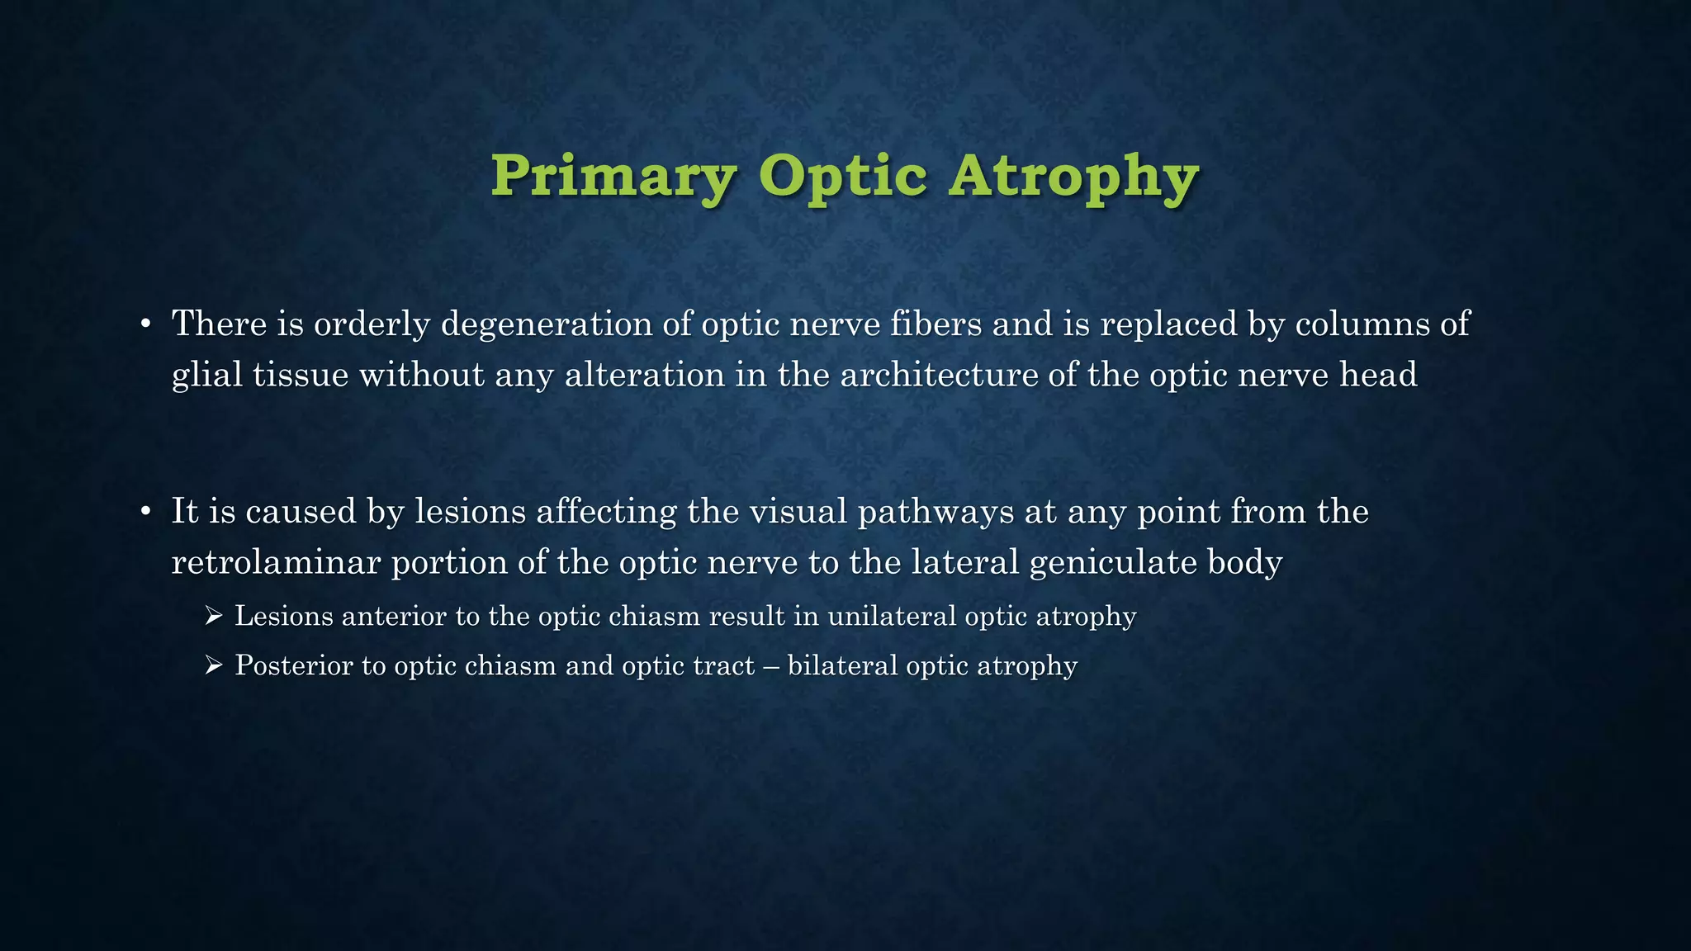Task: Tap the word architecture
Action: pyautogui.click(x=939, y=375)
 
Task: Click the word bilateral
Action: pyautogui.click(x=842, y=666)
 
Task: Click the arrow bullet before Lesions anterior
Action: pyautogui.click(x=214, y=615)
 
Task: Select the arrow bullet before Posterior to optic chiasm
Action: pyautogui.click(x=214, y=665)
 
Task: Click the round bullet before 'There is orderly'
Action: pyautogui.click(x=145, y=324)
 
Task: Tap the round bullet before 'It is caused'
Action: pyautogui.click(x=145, y=513)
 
